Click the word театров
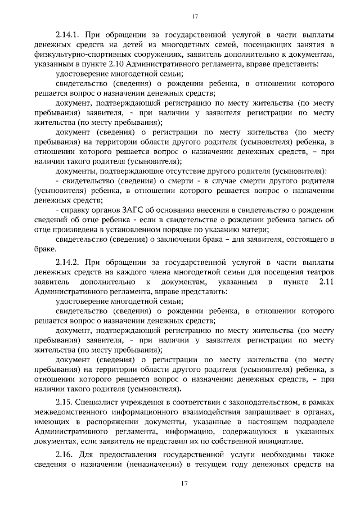314,272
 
